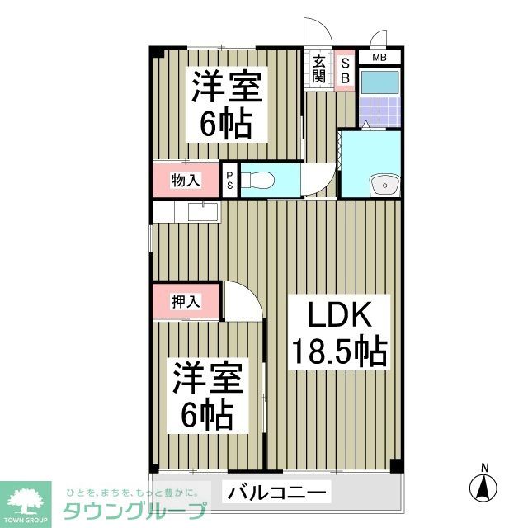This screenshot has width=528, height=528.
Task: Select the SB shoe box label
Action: pos(346,69)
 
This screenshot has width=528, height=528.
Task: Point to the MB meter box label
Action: pos(379,58)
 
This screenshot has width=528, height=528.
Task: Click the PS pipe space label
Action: pos(230,181)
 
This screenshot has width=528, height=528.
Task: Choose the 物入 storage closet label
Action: pos(185,179)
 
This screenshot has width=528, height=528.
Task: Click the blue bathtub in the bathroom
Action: pos(379,82)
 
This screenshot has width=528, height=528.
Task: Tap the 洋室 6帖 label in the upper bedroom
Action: pos(224,106)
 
